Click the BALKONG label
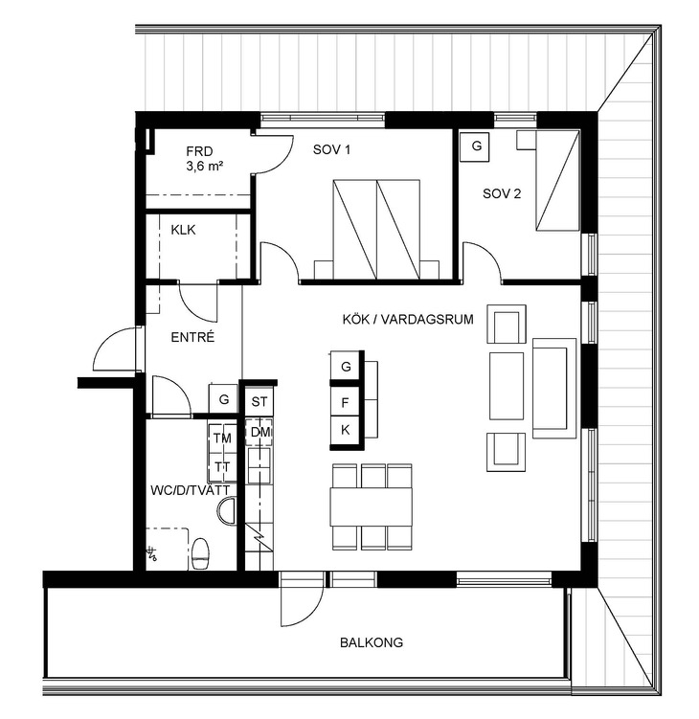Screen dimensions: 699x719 372,642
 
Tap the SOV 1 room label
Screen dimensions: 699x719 331,149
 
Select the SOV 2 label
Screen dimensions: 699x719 502,193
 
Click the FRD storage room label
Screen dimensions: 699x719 199,151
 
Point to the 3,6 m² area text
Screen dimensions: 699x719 205,166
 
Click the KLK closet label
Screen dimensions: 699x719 183,230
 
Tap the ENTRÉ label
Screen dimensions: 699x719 192,337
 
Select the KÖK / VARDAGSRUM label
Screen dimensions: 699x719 408,319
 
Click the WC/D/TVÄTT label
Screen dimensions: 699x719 190,490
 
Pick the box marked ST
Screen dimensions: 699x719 259,402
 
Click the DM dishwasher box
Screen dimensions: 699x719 259,432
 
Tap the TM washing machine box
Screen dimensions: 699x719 222,438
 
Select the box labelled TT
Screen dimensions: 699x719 222,467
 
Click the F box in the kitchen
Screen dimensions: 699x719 345,402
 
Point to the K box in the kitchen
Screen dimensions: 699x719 345,430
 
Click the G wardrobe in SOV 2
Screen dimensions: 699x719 476,146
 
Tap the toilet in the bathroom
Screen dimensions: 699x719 200,553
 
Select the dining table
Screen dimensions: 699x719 371,506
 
